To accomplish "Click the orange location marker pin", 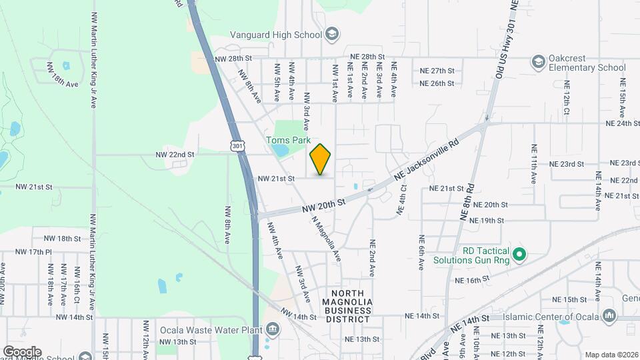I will coord(321,159).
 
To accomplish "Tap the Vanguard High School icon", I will coord(331,35).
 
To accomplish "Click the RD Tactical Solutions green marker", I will coord(521,254).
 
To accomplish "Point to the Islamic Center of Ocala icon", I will coord(607,315).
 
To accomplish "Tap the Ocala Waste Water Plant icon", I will coord(272,329).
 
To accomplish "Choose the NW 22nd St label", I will coord(175,154).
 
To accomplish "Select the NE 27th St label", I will coord(437,71).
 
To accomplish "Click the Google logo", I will coord(22,351).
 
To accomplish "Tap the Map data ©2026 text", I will coord(611,355).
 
